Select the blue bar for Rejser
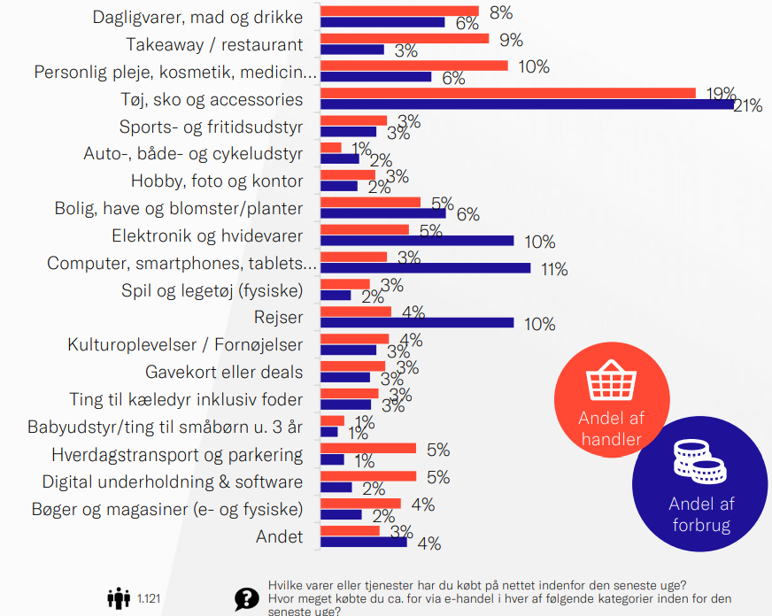416,322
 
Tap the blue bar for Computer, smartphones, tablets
425,267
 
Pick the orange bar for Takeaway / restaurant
404,39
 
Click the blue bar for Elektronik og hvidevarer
416,240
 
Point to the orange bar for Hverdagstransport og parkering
367,449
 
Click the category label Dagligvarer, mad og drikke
197,18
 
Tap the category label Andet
279,537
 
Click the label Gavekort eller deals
224,373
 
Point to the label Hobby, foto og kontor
217,181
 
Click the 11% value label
554,269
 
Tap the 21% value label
748,106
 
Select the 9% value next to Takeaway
512,40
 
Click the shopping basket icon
611,383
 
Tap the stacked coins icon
699,460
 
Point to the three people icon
119,599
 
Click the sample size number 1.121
150,600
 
